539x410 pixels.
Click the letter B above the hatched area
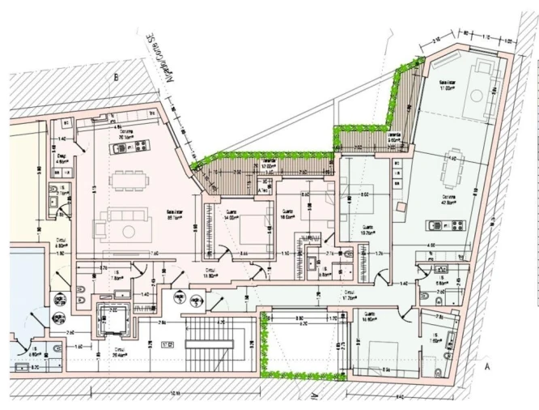pyautogui.click(x=117, y=78)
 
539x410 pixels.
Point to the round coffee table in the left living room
pyautogui.click(x=129, y=230)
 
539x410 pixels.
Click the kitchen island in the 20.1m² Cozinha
pyautogui.click(x=138, y=147)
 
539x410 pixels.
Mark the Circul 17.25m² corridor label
pyautogui.click(x=350, y=295)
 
